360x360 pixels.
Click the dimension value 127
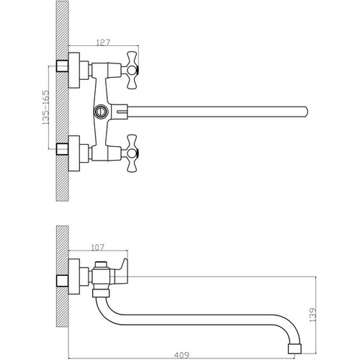pos(103,42)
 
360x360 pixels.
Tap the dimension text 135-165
pos(45,107)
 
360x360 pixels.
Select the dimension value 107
pos(98,248)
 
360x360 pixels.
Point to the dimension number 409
pos(182,355)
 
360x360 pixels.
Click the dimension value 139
pos(312,315)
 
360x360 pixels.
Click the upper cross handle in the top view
pos(132,70)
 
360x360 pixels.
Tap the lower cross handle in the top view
pos(132,153)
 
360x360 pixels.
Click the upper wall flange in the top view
pos(74,70)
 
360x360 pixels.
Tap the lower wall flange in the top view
pos(74,153)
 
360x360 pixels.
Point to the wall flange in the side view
pos(74,276)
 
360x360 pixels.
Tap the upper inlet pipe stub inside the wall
pos(62,66)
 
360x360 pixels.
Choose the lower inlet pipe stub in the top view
pos(62,149)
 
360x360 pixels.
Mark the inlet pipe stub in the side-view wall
pos(62,281)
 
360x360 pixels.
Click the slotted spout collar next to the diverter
pos(120,112)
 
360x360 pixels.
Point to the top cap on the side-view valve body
pos(101,264)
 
